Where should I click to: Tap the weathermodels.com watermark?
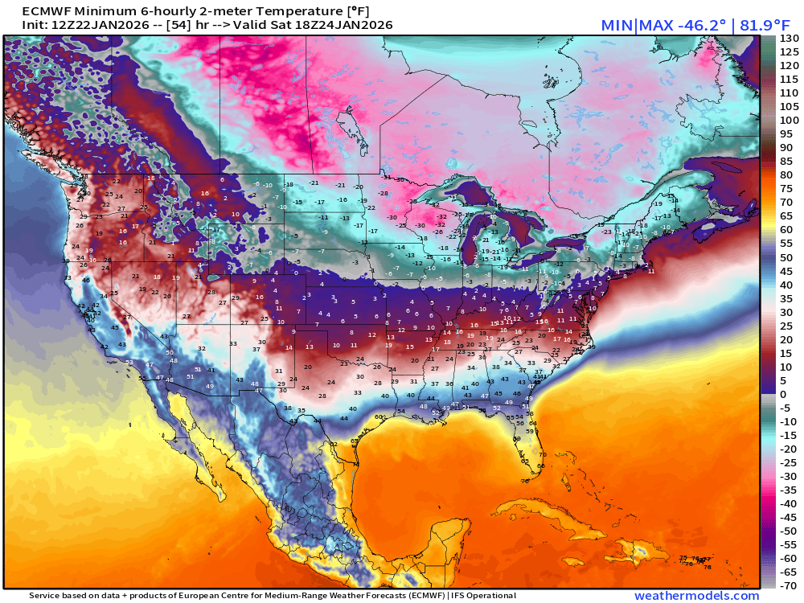click(x=696, y=596)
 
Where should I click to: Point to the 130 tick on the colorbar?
click(x=789, y=39)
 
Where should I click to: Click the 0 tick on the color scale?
click(x=783, y=394)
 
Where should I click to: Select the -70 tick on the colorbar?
click(x=787, y=585)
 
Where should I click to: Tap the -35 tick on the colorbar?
click(x=787, y=490)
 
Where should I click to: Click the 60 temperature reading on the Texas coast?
click(x=378, y=416)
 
